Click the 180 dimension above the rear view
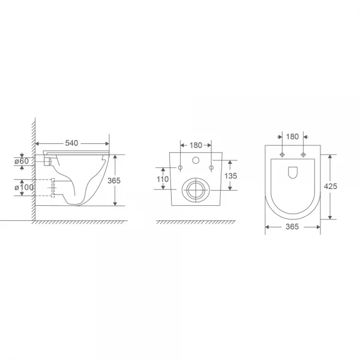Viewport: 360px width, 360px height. click(196, 145)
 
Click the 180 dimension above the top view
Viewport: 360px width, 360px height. click(292, 137)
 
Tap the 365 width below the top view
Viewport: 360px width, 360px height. click(293, 227)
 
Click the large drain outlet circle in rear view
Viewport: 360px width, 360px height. click(196, 189)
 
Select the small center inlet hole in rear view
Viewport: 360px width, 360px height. click(196, 161)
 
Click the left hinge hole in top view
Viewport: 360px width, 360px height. click(281, 156)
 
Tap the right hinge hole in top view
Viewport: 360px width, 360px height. click(304, 156)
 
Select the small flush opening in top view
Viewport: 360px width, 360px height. click(293, 173)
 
